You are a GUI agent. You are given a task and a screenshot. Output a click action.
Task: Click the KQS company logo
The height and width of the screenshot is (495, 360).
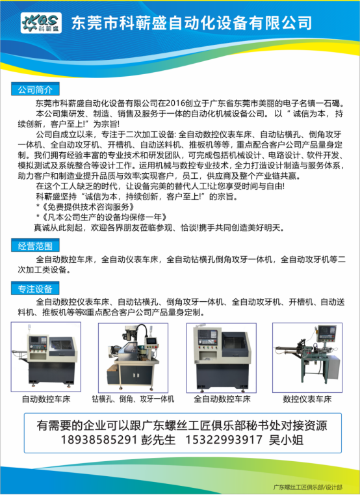pos(41,23)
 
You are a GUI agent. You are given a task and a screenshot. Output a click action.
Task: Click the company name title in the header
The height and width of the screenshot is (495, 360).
pos(192,23)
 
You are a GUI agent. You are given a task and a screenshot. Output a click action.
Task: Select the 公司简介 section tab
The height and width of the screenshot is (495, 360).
pos(35,89)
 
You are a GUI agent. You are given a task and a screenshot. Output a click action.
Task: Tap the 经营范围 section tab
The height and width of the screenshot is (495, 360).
pos(35,246)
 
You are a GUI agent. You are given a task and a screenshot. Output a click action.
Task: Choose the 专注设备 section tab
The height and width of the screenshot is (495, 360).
pos(35,289)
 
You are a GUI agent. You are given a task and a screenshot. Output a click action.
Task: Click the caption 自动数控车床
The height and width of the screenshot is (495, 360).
pos(46,399)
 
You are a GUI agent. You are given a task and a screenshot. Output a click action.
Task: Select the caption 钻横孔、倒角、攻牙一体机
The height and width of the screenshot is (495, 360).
pos(133,399)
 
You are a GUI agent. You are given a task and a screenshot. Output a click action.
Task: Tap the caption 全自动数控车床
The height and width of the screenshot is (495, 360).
pos(222,399)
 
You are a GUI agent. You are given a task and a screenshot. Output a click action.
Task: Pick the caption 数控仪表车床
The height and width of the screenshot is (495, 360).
pos(307,399)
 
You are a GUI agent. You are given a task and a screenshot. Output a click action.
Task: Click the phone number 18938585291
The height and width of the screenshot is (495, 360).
pos(99,440)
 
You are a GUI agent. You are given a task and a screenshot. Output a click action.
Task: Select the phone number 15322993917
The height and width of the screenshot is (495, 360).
pos(224,440)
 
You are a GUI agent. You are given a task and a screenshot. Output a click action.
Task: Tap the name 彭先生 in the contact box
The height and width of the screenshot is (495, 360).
pos(158,440)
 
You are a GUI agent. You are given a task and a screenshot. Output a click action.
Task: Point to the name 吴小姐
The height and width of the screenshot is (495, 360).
pos(286,440)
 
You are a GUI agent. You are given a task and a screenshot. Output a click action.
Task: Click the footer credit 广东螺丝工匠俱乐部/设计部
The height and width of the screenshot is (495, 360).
pos(307,487)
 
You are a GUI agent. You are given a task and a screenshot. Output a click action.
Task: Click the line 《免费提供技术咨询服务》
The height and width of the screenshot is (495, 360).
pos(88,207)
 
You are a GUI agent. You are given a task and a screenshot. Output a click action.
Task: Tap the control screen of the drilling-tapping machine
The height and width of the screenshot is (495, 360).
pos(151,341)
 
